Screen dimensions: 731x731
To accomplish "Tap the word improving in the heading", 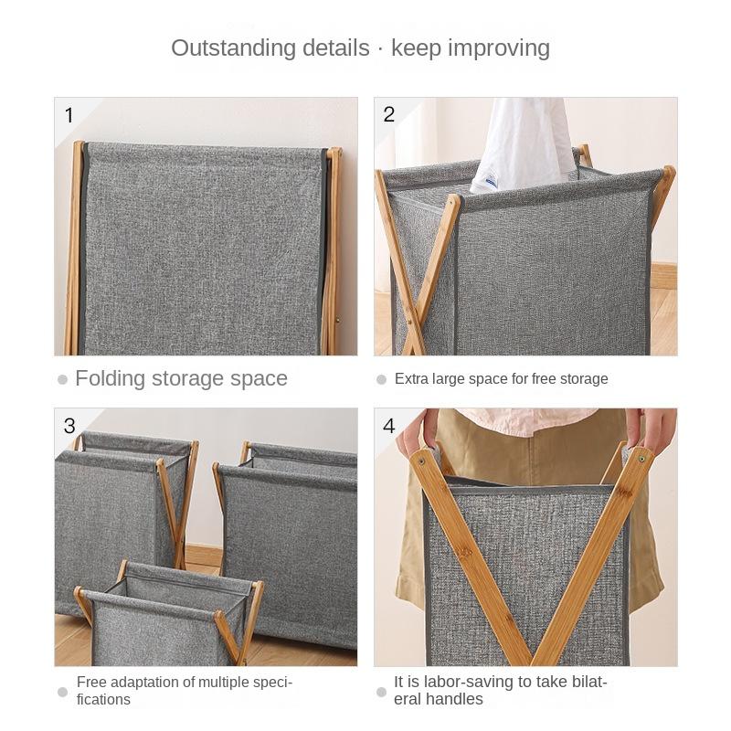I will click(498, 48).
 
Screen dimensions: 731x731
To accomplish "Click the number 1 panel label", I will click(69, 115).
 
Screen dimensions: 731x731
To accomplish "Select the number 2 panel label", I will click(389, 114).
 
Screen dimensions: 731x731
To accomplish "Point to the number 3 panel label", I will click(69, 426).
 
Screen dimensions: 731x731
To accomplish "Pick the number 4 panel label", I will click(389, 426).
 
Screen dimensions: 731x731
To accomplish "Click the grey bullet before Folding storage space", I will click(62, 379).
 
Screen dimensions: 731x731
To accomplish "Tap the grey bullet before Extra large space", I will click(381, 379).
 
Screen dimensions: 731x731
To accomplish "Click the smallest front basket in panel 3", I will click(164, 617).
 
